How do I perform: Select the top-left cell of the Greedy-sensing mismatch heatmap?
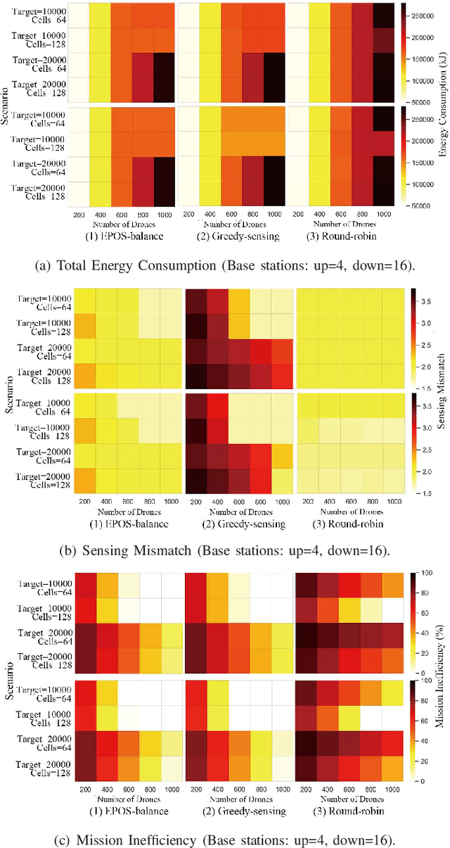[x=196, y=301]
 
